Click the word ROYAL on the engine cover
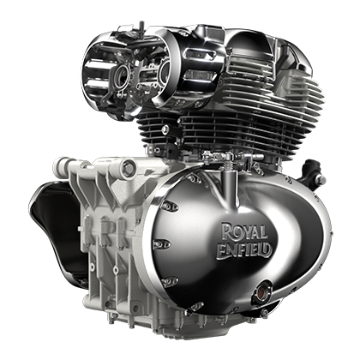coord(244,231)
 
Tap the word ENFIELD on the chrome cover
coord(243,249)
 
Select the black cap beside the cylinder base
coord(309,168)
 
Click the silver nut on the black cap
coord(321,180)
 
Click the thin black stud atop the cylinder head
coord(141,27)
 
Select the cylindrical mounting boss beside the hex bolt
coord(63,164)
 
